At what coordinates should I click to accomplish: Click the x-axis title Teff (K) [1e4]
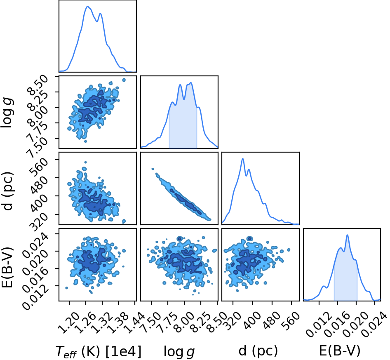click(99, 352)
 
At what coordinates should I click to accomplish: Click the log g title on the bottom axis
click(179, 352)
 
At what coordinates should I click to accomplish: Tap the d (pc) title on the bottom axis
click(258, 351)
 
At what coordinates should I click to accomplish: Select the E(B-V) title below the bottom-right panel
click(340, 351)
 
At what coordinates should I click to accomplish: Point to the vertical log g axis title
click(7, 113)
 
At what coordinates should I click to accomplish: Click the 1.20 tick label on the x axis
click(66, 320)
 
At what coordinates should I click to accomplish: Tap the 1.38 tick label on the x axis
click(116, 320)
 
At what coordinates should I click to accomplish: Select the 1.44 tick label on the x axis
click(132, 320)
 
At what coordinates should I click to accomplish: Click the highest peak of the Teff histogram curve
click(87, 7)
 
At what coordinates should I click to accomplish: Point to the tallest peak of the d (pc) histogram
click(242, 159)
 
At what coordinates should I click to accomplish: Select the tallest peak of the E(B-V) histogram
click(347, 235)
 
